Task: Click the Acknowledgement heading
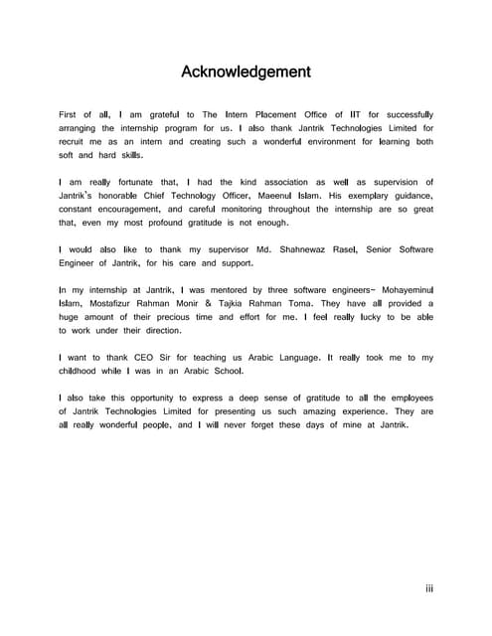(246, 72)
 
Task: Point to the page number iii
(428, 589)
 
